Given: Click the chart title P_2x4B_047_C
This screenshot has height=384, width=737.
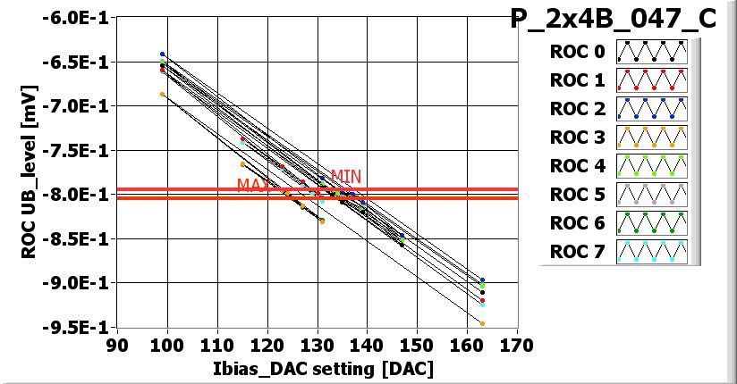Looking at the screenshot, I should [x=614, y=19].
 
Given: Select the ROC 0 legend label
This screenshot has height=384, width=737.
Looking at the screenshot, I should [x=578, y=52].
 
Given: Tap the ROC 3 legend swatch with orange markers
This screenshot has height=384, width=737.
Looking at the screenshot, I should [x=651, y=138].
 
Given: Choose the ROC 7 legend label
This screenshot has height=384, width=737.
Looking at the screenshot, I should [x=578, y=252].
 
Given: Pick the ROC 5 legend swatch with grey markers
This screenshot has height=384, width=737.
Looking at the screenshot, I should [x=651, y=195].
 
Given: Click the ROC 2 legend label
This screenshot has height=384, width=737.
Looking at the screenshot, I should [x=578, y=109].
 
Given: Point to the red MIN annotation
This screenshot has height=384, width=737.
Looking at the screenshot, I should [x=346, y=176].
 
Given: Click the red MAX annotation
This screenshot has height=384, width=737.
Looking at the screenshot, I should [x=253, y=185].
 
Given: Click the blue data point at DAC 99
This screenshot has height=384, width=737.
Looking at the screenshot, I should [x=162, y=54].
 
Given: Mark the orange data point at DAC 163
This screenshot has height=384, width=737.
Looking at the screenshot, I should [x=482, y=323].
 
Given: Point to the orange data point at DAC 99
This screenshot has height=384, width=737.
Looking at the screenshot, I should [x=162, y=94].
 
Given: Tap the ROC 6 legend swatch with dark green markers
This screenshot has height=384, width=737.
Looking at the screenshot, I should [x=651, y=223].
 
